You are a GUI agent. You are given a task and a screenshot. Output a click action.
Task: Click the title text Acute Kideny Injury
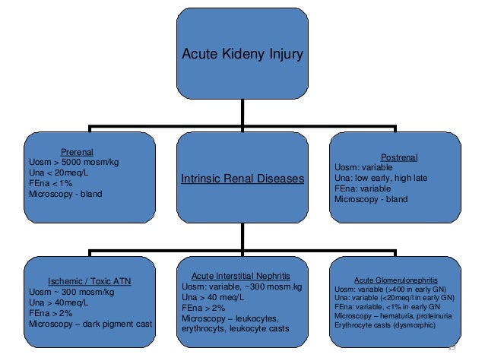(x=242, y=55)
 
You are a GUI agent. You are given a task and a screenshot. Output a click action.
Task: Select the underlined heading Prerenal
(x=78, y=151)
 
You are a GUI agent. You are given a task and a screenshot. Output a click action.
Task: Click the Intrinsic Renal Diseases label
(x=242, y=179)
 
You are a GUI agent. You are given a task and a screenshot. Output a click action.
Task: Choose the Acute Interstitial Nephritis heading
(x=242, y=276)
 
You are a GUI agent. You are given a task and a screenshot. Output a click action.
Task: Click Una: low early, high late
(x=384, y=178)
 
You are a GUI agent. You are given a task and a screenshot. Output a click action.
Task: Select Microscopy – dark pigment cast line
(x=90, y=324)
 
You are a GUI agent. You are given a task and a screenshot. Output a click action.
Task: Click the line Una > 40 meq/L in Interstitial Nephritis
(x=217, y=297)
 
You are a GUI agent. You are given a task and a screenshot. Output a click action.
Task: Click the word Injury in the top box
(x=286, y=55)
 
